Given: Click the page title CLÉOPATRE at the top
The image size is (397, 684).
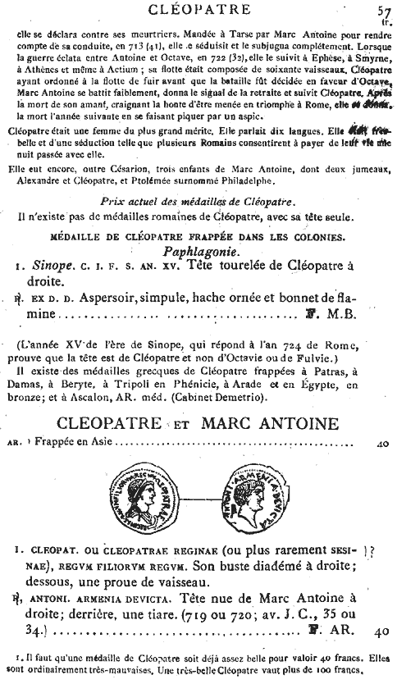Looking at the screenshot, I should click(198, 9).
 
